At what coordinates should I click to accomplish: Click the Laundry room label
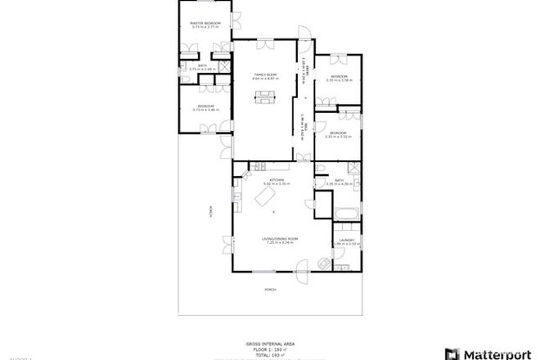pyautogui.click(x=341, y=242)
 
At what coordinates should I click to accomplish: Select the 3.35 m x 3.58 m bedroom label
pyautogui.click(x=338, y=79)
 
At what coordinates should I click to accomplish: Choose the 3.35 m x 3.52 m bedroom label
pyautogui.click(x=337, y=134)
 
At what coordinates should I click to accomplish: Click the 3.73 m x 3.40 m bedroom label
pyautogui.click(x=206, y=107)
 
